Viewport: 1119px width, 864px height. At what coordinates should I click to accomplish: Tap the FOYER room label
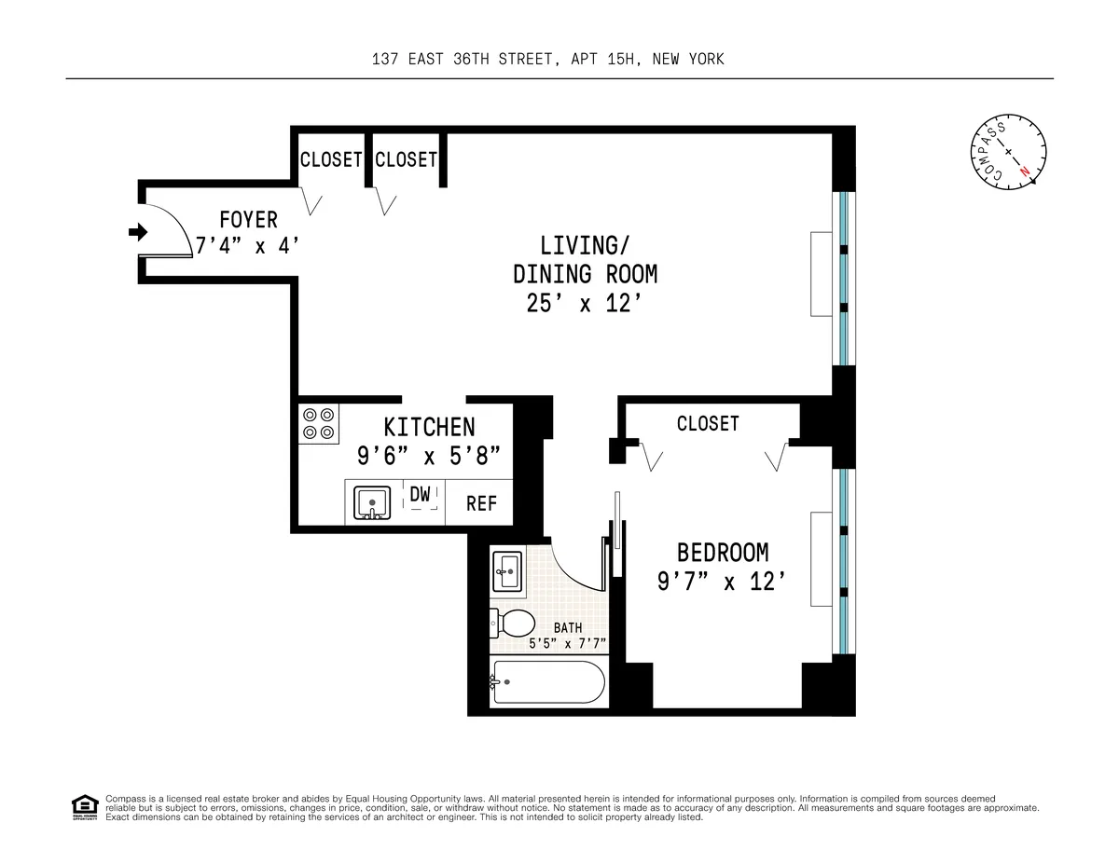[248, 220]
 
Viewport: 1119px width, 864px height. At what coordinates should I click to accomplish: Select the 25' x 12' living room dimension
[585, 304]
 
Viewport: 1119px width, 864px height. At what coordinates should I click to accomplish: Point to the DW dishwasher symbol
[421, 495]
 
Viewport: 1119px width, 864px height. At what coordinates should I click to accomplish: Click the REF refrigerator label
[481, 503]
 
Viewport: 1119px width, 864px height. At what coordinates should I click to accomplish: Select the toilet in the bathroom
[513, 623]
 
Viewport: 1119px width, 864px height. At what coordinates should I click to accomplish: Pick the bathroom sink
[507, 569]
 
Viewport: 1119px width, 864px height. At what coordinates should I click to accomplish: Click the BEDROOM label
[723, 551]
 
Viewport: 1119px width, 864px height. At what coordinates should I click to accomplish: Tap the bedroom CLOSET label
[708, 424]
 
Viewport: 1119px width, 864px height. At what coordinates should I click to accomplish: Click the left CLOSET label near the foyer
[330, 159]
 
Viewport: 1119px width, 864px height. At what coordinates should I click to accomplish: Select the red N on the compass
[1025, 171]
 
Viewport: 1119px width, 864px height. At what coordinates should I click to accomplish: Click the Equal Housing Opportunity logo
[85, 807]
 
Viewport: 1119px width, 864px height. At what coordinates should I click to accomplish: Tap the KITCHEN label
[429, 427]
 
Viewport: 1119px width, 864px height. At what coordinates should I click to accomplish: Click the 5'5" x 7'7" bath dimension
[567, 643]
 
